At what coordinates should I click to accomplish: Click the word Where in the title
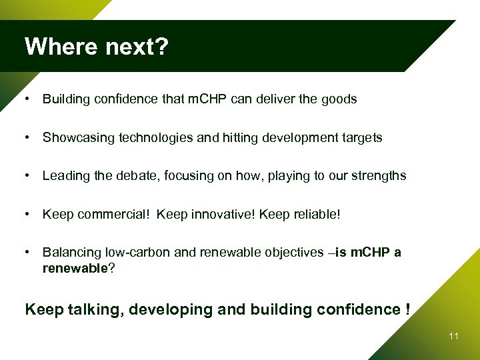pos(55,47)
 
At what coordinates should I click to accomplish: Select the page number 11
pos(453,337)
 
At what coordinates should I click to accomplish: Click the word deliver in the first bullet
pos(275,99)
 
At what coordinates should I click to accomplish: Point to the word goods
pos(339,100)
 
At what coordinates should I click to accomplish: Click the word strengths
pos(379,176)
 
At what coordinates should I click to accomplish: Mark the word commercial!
pos(102,215)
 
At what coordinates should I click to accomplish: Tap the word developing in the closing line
pos(170,310)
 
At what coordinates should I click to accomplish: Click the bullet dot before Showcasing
pos(25,138)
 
